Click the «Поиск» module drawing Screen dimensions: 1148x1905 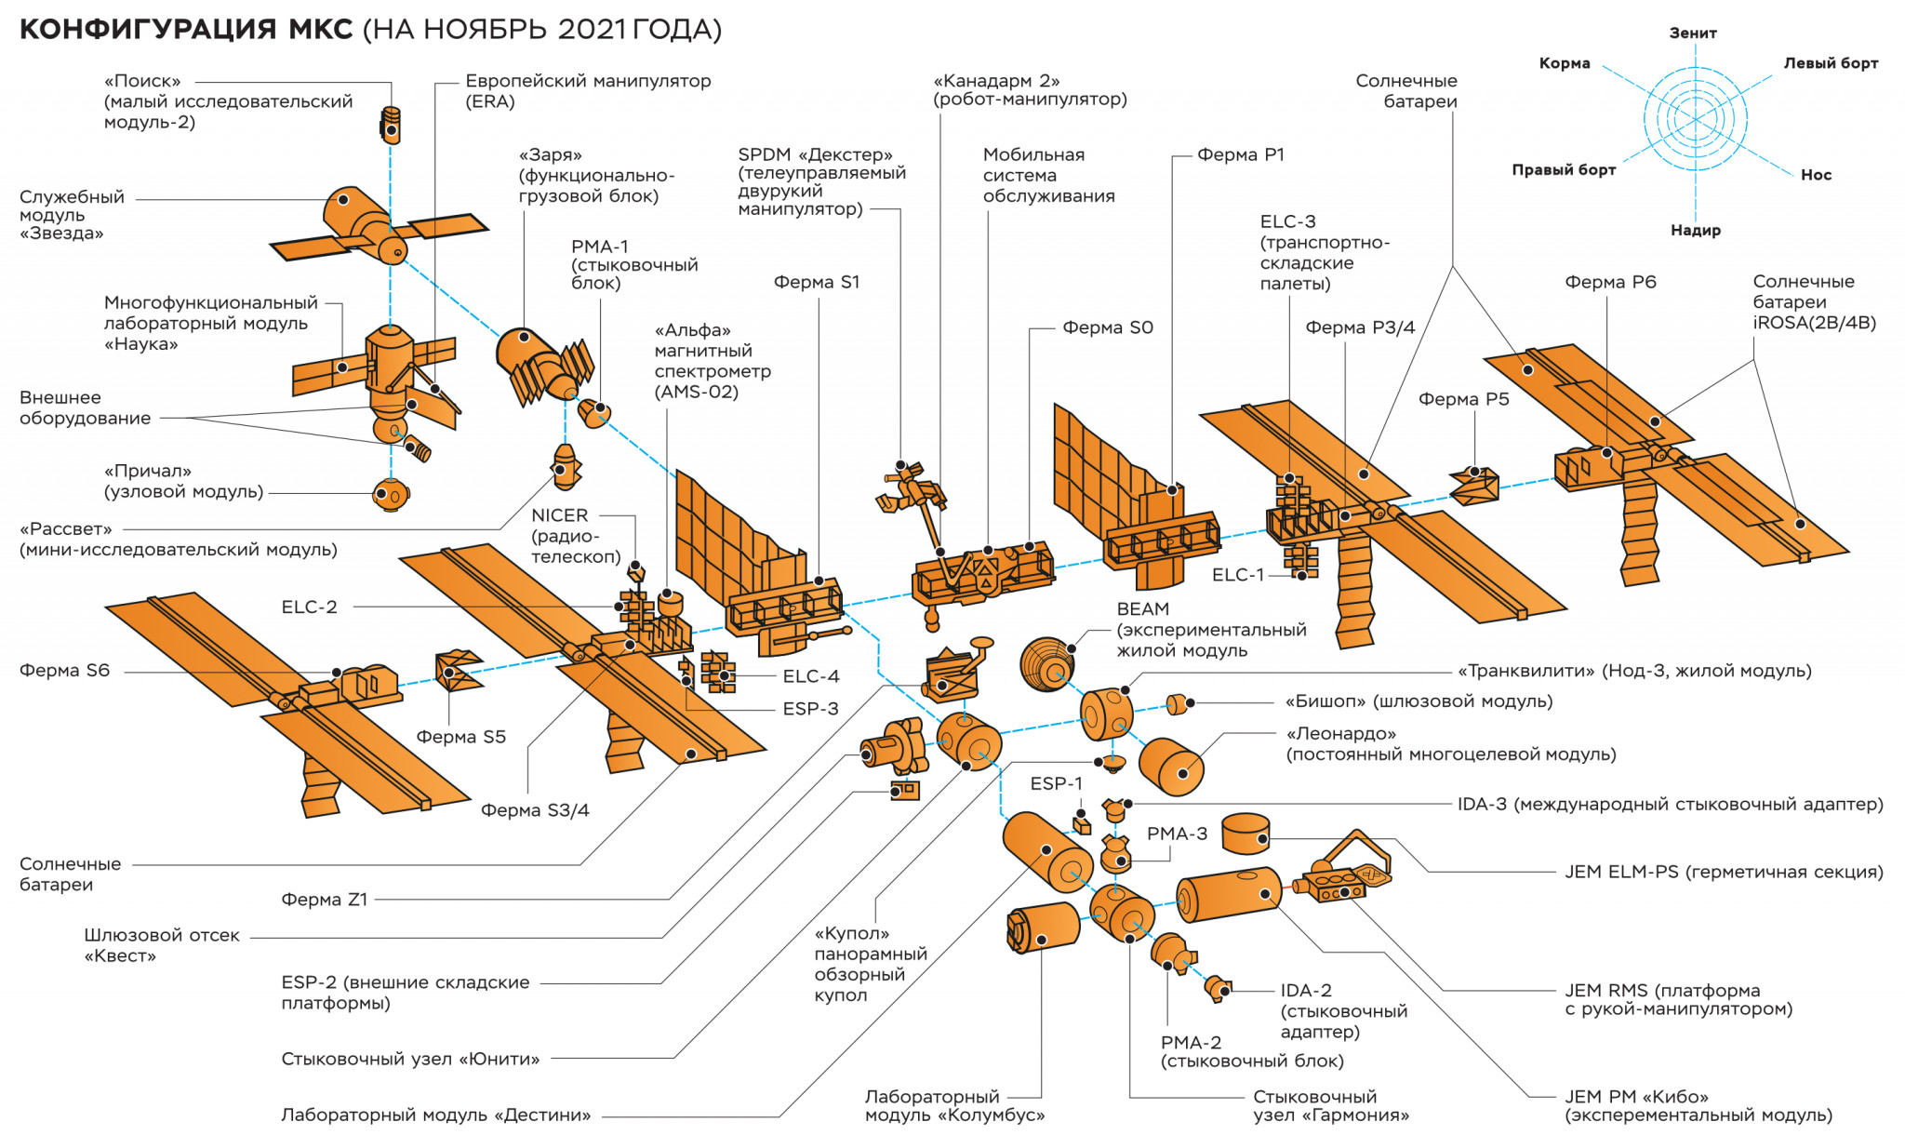point(391,124)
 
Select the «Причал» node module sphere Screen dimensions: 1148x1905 point(390,494)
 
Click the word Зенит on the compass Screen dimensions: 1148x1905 point(1693,33)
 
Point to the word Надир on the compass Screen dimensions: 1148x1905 point(1695,230)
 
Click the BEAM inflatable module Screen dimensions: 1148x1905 point(1048,664)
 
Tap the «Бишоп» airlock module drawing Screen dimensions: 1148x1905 point(1179,704)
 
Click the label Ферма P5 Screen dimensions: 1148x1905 point(1463,399)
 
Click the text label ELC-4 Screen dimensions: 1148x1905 point(810,676)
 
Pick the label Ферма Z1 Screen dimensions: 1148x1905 point(324,900)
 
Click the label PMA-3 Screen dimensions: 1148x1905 point(1177,834)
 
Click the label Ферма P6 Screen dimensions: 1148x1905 point(1610,282)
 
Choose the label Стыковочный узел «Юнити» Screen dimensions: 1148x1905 point(410,1059)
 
